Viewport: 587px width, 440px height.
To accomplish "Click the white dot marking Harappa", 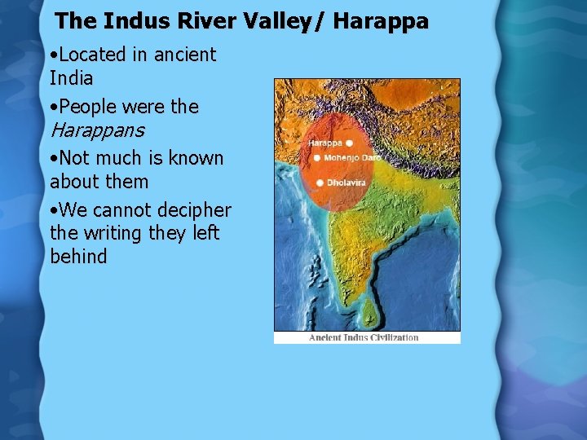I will (350, 143).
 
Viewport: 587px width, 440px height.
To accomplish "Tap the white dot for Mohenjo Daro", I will (316, 157).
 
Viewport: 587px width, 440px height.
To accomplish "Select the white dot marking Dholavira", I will (320, 182).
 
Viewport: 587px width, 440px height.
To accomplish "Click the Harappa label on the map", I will (325, 143).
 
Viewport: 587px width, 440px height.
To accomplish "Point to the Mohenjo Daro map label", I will (351, 157).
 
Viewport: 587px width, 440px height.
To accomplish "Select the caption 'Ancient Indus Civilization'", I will (364, 337).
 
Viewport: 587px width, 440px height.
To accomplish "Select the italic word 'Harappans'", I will (97, 130).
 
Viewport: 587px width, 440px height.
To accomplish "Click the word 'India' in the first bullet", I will (72, 79).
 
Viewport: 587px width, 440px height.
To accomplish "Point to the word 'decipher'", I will (192, 209).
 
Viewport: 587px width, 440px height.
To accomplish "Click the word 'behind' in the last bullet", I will (78, 257).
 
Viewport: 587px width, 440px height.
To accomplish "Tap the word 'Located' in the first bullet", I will (93, 55).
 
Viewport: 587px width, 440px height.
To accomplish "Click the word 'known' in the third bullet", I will (196, 157).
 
